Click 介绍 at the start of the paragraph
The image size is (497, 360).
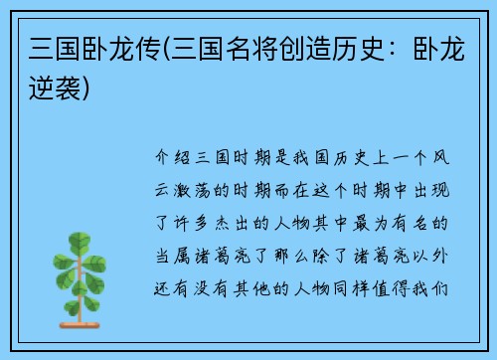pyautogui.click(x=172, y=158)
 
